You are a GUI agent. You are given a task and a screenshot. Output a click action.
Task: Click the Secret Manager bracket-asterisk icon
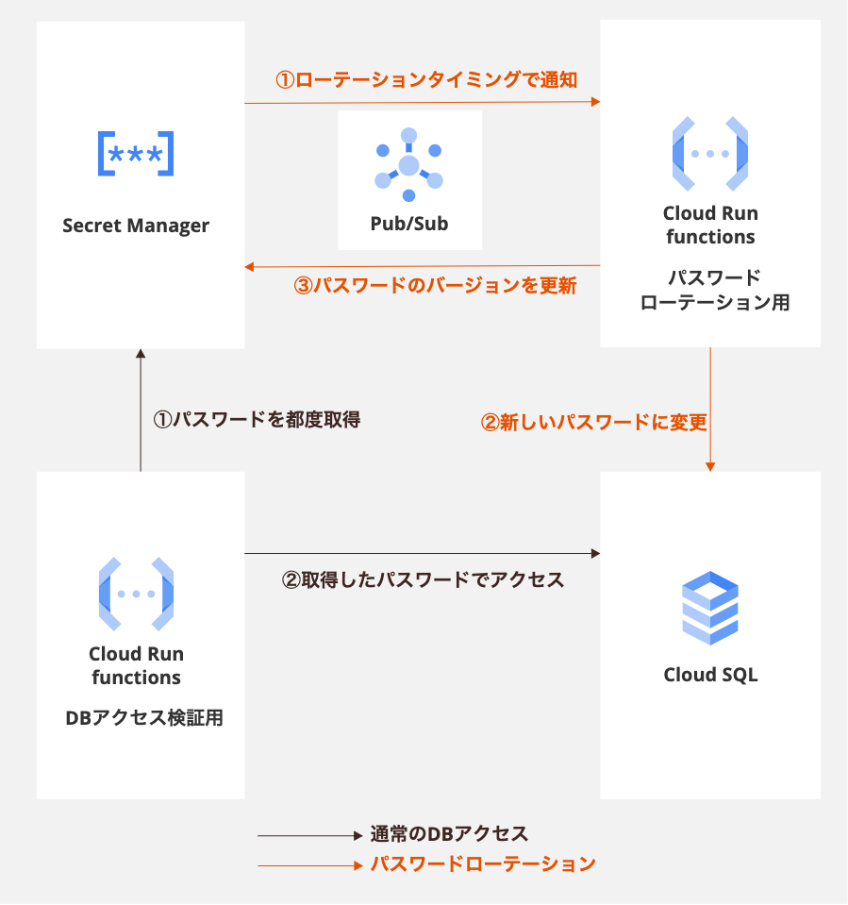pos(136,154)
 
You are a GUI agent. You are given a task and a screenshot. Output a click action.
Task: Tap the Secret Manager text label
pos(136,226)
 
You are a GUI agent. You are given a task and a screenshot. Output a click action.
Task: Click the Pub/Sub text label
pos(408,225)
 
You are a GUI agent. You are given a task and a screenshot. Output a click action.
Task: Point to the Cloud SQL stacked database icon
pos(709,608)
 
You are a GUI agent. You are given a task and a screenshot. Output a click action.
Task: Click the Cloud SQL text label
pos(709,675)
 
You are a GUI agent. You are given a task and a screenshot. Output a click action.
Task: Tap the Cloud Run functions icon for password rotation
pos(709,154)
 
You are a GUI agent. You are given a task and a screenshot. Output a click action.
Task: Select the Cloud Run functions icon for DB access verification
pos(136,595)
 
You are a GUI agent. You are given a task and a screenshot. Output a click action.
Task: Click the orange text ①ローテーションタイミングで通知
pos(425,80)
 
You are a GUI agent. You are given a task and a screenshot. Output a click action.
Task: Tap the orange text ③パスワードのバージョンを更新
pos(435,285)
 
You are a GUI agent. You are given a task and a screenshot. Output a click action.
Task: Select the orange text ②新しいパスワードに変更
pos(593,422)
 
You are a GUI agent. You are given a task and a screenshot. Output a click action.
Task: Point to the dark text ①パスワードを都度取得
pos(257,418)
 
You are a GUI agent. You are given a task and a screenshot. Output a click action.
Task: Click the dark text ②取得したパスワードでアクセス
pos(424,579)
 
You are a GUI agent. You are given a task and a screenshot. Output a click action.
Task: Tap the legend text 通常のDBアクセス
pos(448,834)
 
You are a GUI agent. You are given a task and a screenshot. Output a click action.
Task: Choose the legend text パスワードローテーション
pos(482,863)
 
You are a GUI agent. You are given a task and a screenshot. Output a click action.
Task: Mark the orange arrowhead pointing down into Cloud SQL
pos(709,465)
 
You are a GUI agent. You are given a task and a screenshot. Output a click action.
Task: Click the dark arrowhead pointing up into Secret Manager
pos(141,354)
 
